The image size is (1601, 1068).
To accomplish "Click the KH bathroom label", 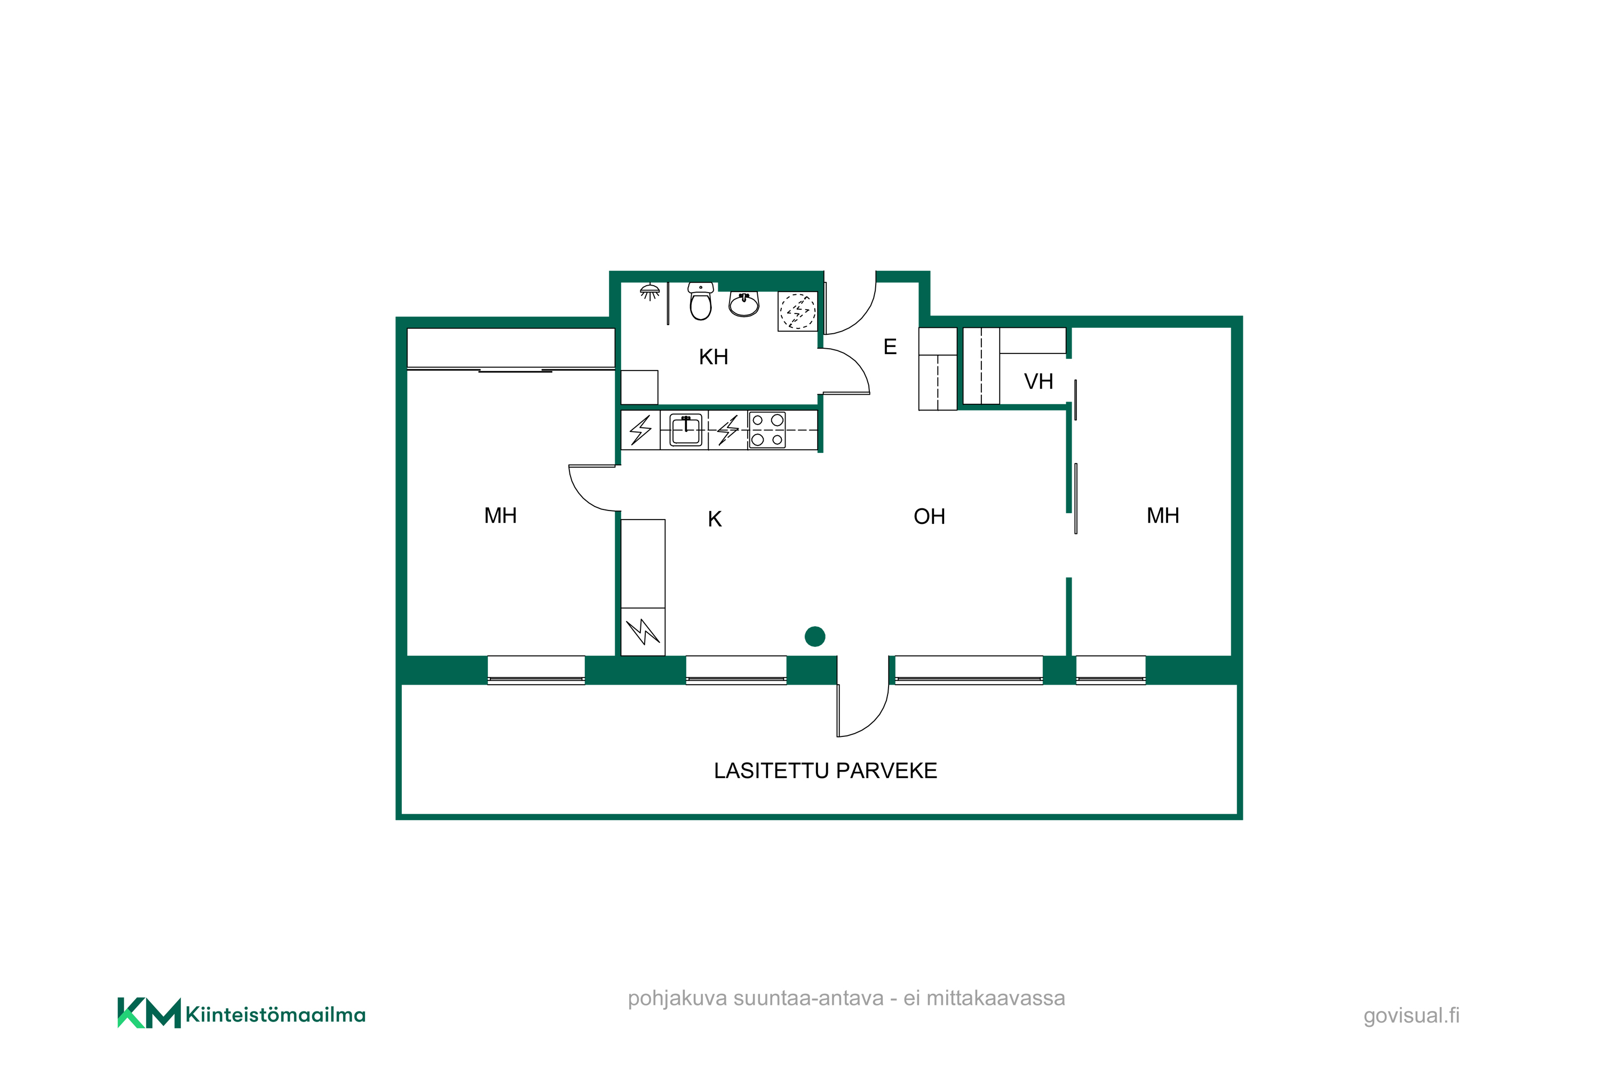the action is tap(714, 357).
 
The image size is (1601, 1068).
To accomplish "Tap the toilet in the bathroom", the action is tap(700, 301).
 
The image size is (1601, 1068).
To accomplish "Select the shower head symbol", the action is tap(649, 292).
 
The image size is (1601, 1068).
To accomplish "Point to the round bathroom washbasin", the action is tap(744, 304).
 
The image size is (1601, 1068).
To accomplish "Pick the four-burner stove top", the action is tap(767, 430).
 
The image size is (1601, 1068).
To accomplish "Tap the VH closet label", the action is tap(1038, 381).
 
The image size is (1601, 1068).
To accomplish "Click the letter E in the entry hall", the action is tap(890, 347).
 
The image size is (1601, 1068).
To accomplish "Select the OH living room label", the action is tap(929, 516).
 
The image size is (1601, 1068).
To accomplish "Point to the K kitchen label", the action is tap(715, 519).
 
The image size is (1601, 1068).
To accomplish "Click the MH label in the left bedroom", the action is tap(501, 516).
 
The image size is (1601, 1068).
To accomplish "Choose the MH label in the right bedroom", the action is tap(1163, 516).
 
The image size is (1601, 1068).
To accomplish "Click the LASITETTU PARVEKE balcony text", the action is tap(826, 771).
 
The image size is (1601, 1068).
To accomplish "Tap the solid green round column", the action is tap(815, 636).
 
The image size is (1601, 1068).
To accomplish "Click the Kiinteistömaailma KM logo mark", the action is tap(149, 1013).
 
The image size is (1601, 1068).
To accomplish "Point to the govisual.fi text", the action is tap(1411, 1016).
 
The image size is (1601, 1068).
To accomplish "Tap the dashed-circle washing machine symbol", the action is tap(797, 311).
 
